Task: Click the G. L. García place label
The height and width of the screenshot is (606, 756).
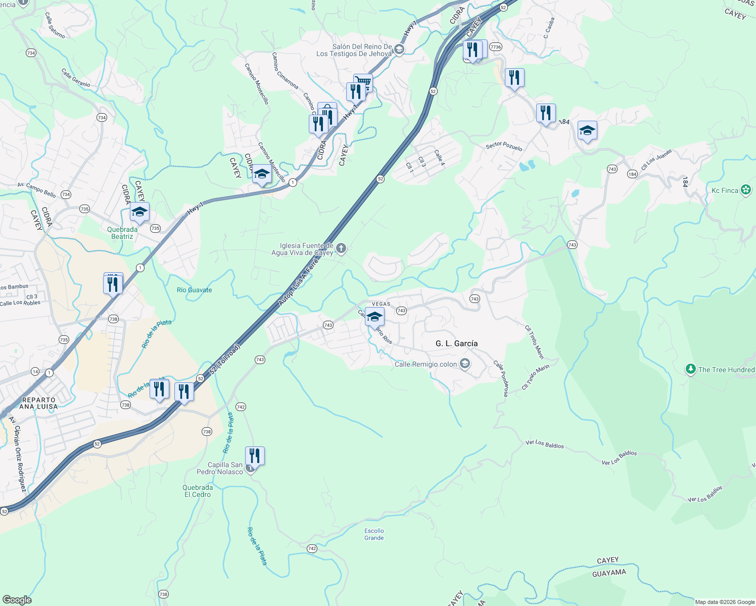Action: pyautogui.click(x=456, y=343)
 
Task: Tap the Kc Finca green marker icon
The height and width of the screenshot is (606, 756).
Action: pyautogui.click(x=746, y=190)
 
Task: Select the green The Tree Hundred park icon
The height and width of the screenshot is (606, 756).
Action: pyautogui.click(x=690, y=369)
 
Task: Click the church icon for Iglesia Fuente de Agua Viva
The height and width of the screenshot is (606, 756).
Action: pyautogui.click(x=341, y=248)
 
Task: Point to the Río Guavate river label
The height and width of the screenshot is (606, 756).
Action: pyautogui.click(x=194, y=290)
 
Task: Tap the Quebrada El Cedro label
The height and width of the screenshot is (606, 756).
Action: pyautogui.click(x=198, y=491)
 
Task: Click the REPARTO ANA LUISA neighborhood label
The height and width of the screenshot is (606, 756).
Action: pyautogui.click(x=39, y=403)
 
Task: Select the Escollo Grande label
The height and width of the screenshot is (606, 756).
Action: pyautogui.click(x=374, y=534)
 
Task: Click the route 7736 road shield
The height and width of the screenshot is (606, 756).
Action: pyautogui.click(x=495, y=47)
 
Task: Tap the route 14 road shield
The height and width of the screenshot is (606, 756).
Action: pyautogui.click(x=35, y=371)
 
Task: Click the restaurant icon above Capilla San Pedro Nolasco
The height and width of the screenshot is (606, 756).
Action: pyautogui.click(x=255, y=456)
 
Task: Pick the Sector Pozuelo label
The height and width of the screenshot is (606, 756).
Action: pyautogui.click(x=504, y=146)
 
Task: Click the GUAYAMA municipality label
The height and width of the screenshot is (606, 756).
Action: pyautogui.click(x=609, y=573)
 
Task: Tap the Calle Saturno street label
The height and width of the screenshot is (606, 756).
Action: pyautogui.click(x=55, y=26)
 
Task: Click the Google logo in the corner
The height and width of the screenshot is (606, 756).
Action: pyautogui.click(x=17, y=599)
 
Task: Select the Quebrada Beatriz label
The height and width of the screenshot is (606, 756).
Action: pyautogui.click(x=122, y=233)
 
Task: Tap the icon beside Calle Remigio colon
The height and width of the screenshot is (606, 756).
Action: pyautogui.click(x=465, y=364)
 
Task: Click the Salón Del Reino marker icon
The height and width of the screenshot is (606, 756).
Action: pyautogui.click(x=399, y=49)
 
